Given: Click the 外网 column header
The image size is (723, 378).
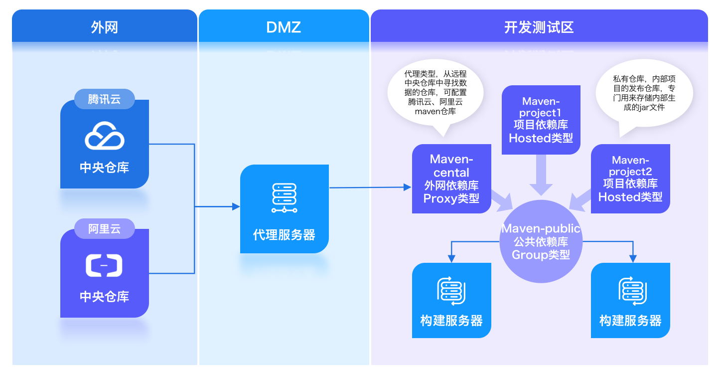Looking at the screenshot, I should tap(105, 27).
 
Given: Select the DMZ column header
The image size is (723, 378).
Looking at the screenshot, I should tap(284, 27).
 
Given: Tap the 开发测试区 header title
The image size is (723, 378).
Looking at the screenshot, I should tap(539, 27).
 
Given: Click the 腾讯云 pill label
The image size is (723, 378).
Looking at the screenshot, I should tap(104, 99).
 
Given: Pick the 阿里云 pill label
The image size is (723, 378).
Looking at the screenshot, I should tap(104, 229).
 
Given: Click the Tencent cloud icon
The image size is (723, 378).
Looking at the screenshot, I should tap(104, 136).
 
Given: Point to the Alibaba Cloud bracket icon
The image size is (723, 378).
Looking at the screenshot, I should tap(104, 265).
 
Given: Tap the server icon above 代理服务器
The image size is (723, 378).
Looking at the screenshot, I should tap(284, 198).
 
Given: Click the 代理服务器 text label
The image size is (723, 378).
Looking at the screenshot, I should tap(284, 235).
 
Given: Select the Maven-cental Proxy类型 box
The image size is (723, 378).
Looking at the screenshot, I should tap(451, 179).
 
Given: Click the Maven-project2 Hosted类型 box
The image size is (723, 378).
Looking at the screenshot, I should tap(630, 179).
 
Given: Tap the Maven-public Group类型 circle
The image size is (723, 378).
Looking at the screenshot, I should tap(541, 241).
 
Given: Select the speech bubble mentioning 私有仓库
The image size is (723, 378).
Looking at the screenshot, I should tap(644, 93).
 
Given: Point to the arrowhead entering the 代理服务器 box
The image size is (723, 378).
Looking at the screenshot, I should tap(236, 206).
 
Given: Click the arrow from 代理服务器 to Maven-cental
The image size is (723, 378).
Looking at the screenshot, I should tap(369, 188).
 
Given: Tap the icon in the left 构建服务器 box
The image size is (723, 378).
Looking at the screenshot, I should tap(451, 291).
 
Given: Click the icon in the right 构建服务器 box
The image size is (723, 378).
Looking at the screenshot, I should tap(630, 291).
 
